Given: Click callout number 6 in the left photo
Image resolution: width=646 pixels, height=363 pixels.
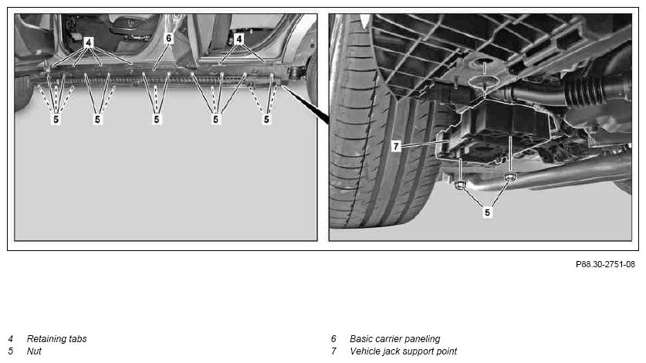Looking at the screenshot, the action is click(168, 39).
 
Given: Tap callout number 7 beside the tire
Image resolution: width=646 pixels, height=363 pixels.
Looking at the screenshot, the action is click(396, 146).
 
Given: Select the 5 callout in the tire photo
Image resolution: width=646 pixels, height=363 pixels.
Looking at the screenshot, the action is click(487, 212).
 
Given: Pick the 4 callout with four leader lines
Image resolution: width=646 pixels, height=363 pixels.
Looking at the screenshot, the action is click(88, 42).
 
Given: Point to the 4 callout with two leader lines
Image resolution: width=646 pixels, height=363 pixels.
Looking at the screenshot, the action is click(239, 39).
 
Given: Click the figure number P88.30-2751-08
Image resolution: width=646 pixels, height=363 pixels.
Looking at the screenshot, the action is click(605, 264).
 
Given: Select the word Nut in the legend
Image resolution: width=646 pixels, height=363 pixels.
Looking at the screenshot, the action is click(34, 351).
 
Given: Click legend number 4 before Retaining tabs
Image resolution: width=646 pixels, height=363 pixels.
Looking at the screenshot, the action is click(11, 338).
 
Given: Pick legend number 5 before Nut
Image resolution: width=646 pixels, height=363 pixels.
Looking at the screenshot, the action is click(11, 351).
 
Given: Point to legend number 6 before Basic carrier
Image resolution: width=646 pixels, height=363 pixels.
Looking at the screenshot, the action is click(333, 338).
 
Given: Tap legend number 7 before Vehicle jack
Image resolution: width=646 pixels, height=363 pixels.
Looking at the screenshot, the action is click(333, 351).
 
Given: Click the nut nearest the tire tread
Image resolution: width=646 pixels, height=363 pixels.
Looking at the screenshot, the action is click(460, 185).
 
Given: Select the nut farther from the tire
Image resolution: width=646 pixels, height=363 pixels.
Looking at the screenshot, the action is click(510, 177).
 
